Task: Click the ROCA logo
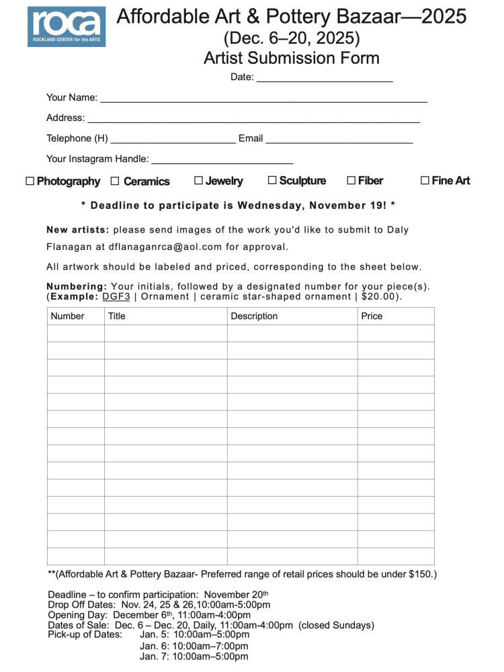[66, 26]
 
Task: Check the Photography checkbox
[30, 181]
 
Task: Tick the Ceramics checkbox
[115, 181]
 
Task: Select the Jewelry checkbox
[198, 181]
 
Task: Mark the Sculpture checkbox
[272, 181]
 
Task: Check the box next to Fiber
[351, 181]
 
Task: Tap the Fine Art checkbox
[425, 181]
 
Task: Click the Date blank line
[325, 78]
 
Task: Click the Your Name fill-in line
[263, 99]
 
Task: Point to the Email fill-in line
[339, 140]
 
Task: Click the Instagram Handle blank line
[222, 160]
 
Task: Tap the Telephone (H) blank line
[173, 140]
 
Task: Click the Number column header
[68, 317]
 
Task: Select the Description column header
[254, 317]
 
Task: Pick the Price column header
[372, 317]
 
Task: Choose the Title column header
[117, 317]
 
